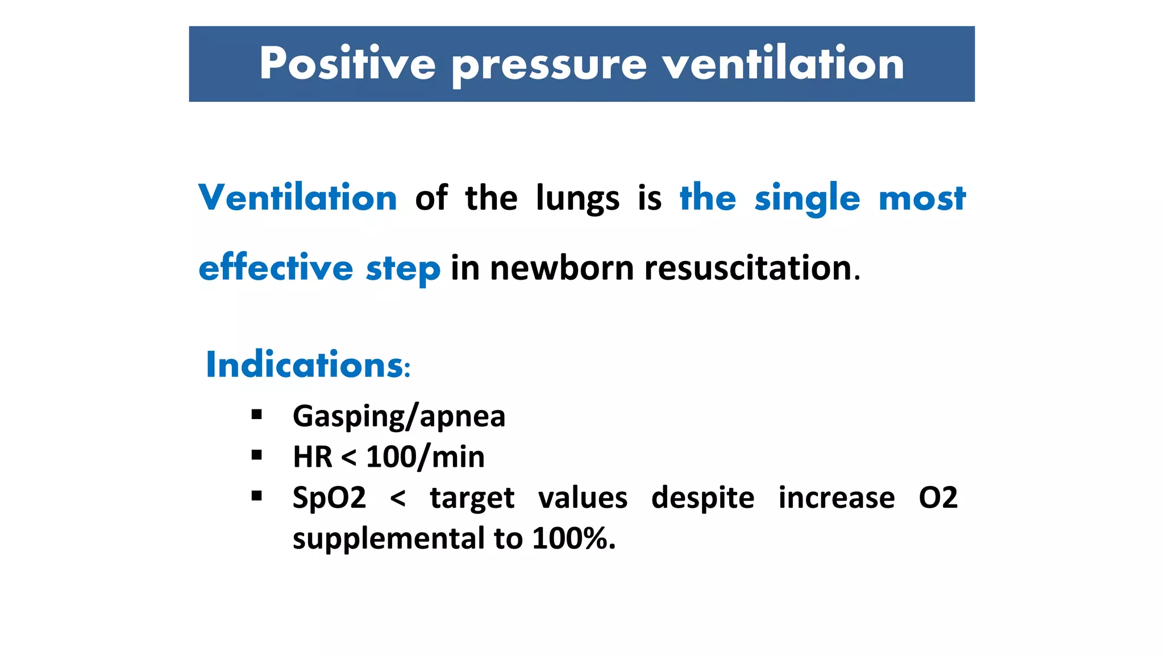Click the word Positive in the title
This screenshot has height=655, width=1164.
click(x=347, y=64)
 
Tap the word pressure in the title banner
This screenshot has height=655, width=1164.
click(x=549, y=66)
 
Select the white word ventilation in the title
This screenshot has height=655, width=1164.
click(x=783, y=64)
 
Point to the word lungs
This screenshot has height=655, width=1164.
click(x=577, y=199)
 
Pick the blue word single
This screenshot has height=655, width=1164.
click(x=807, y=199)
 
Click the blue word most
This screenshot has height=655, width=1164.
click(x=922, y=199)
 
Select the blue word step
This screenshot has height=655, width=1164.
click(x=403, y=268)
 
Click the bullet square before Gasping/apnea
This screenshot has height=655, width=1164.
click(x=257, y=414)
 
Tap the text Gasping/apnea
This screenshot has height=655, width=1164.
click(x=399, y=416)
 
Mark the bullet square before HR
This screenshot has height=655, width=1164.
click(x=257, y=455)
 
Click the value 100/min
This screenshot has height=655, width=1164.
click(x=425, y=457)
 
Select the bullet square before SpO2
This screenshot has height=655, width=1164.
click(x=257, y=496)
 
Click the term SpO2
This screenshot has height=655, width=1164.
click(x=329, y=498)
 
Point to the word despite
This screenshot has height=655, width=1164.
click(x=702, y=498)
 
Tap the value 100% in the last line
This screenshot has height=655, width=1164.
click(x=570, y=538)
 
